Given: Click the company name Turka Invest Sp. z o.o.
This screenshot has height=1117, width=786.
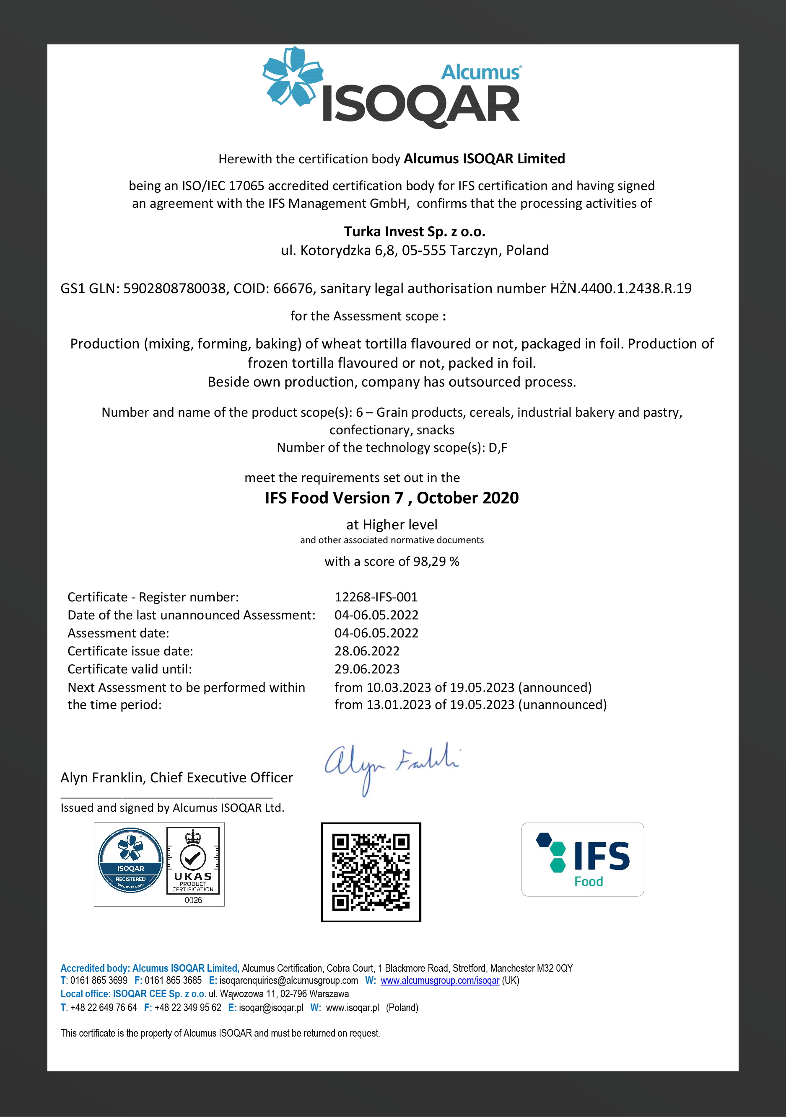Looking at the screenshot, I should click(415, 232).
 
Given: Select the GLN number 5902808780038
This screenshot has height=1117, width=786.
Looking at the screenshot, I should click(174, 289).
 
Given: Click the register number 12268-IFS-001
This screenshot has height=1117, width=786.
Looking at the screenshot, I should click(376, 597).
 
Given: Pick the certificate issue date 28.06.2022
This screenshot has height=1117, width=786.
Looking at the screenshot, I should click(367, 651).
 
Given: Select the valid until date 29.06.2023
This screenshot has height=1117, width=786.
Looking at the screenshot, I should click(367, 669).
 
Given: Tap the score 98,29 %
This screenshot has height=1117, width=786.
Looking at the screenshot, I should click(436, 561).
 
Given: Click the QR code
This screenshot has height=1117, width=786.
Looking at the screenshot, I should click(371, 872).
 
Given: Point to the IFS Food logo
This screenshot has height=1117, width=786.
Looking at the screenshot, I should click(582, 859).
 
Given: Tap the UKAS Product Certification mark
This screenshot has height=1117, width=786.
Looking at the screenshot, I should click(193, 861).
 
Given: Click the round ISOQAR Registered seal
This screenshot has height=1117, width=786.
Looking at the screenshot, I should click(130, 860).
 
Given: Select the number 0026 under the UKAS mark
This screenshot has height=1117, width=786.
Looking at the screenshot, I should click(193, 900).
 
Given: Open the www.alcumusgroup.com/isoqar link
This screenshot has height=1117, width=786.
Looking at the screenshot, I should click(440, 980).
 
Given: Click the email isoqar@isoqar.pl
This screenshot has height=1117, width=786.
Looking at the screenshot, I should click(271, 1008).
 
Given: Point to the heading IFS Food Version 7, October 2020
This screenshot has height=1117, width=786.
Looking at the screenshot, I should click(392, 498).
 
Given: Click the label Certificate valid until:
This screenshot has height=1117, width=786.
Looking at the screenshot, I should click(130, 669).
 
